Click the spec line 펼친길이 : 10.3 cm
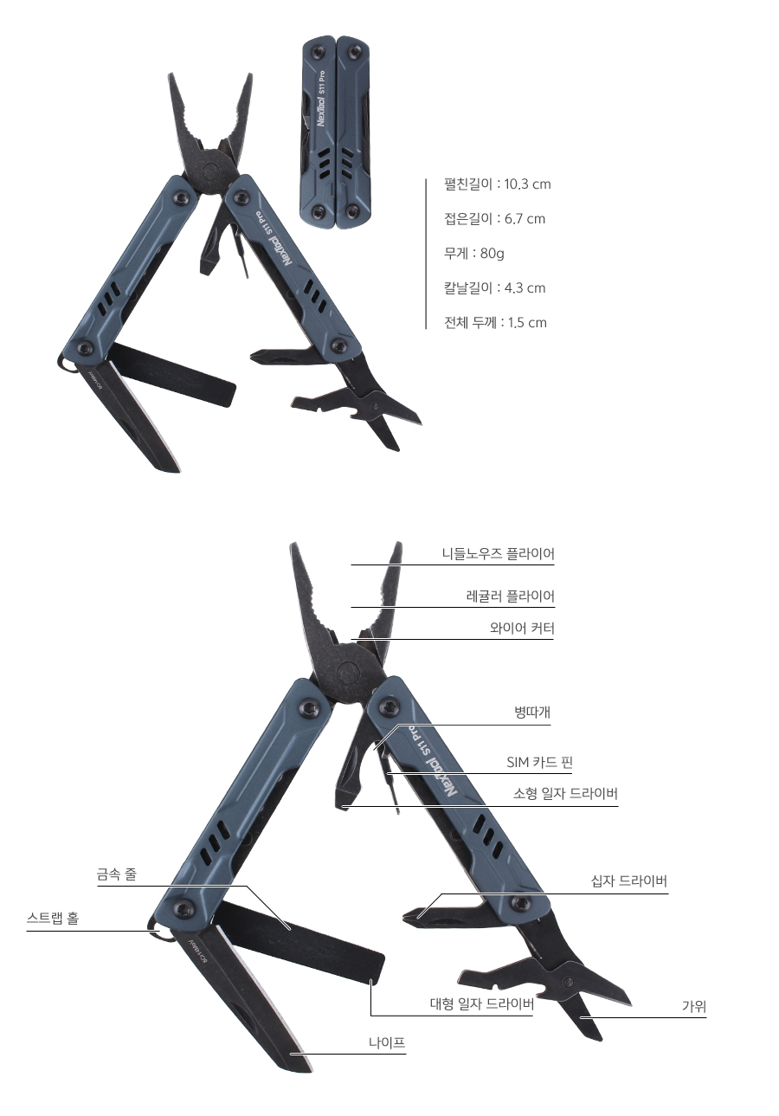tap(497, 184)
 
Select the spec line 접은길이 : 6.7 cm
tap(494, 219)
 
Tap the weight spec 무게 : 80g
tap(473, 254)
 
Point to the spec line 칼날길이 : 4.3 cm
tap(494, 288)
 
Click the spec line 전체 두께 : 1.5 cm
tap(495, 322)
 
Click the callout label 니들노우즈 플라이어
tap(498, 553)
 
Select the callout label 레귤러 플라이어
tap(510, 596)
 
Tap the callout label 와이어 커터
tap(521, 629)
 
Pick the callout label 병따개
tap(532, 713)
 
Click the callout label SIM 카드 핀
tap(539, 762)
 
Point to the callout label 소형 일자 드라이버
tap(565, 793)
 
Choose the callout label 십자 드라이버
tap(628, 881)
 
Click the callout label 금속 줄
tap(117, 874)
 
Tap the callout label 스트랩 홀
tap(52, 918)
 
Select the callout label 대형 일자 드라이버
tap(481, 1003)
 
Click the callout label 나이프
tap(387, 1042)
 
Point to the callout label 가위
tap(694, 1006)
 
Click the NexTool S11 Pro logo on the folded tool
tap(322, 100)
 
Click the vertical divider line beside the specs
tap(426, 254)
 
